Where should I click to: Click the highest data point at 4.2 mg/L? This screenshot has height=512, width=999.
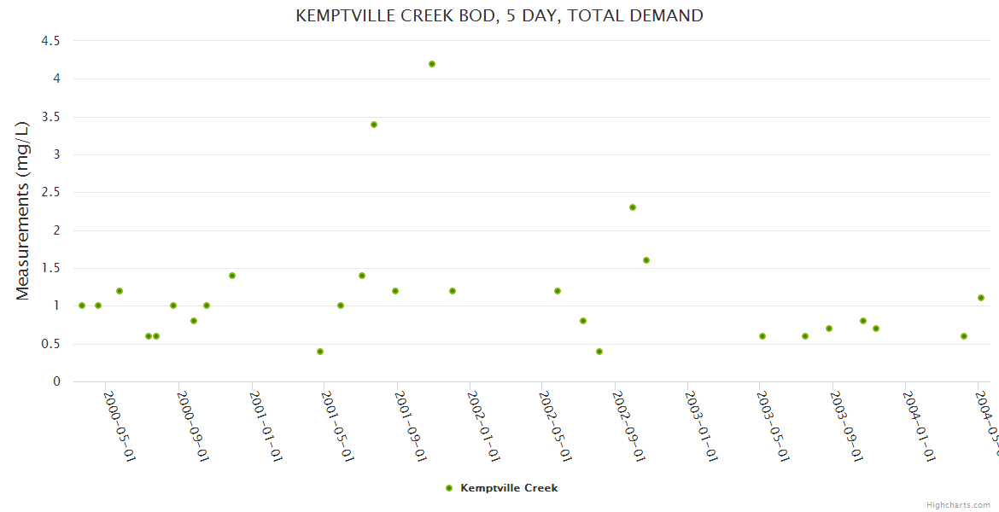pyautogui.click(x=432, y=64)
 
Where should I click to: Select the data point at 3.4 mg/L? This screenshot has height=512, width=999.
pyautogui.click(x=374, y=125)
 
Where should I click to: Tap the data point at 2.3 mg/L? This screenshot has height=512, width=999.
pyautogui.click(x=633, y=207)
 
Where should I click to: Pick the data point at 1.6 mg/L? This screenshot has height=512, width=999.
pyautogui.click(x=646, y=260)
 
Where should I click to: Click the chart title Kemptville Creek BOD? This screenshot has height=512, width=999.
pyautogui.click(x=499, y=15)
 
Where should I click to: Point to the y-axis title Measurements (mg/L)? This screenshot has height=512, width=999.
pyautogui.click(x=23, y=211)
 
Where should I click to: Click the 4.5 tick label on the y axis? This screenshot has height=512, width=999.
pyautogui.click(x=50, y=41)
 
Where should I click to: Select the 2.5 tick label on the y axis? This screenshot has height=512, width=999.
pyautogui.click(x=50, y=193)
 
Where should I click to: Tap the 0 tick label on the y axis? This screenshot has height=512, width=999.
pyautogui.click(x=56, y=381)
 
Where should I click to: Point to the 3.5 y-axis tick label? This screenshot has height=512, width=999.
pyautogui.click(x=50, y=117)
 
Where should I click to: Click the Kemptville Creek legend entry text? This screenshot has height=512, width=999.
pyautogui.click(x=509, y=488)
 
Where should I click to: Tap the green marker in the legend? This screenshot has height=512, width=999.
pyautogui.click(x=449, y=488)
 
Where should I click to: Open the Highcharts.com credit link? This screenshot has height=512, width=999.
pyautogui.click(x=958, y=504)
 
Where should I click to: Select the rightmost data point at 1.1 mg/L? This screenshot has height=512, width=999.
pyautogui.click(x=981, y=298)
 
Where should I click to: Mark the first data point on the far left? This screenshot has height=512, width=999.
pyautogui.click(x=82, y=305)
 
